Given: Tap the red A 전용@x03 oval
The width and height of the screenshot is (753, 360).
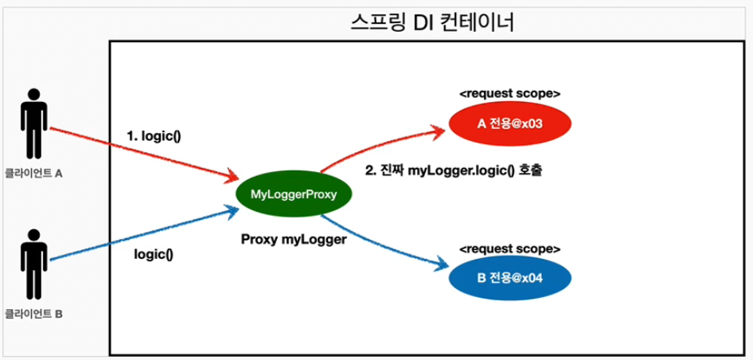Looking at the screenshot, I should click(x=510, y=123).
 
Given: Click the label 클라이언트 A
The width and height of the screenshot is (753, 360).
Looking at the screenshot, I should click(x=33, y=172).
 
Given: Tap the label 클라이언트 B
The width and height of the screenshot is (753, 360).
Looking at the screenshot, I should click(x=33, y=313).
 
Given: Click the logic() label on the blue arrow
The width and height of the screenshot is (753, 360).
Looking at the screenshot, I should click(x=154, y=255).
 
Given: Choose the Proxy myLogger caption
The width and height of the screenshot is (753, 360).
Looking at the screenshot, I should click(x=294, y=237).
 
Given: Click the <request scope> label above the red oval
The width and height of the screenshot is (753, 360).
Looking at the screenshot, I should click(x=509, y=94).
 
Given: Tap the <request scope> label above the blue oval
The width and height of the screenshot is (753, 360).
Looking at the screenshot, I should click(x=509, y=248).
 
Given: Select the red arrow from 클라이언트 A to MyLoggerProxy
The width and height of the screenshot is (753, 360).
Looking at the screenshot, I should click(x=143, y=152).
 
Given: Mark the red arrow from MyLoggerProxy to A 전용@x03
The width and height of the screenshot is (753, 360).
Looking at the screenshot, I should click(x=374, y=144).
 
